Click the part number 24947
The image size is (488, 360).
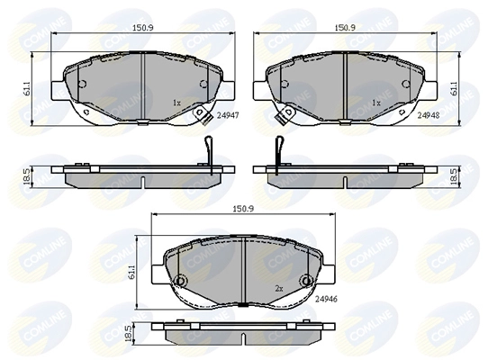228,116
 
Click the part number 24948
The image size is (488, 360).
429,116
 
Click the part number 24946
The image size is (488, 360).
326,299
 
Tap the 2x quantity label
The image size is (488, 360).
279,289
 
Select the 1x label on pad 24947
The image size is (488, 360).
176,103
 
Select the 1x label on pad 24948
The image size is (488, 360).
376,103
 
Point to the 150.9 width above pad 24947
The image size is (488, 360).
143,28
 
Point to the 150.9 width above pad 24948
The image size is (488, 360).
345,28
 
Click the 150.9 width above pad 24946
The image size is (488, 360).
243,209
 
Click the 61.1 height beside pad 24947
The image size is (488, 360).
27,88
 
